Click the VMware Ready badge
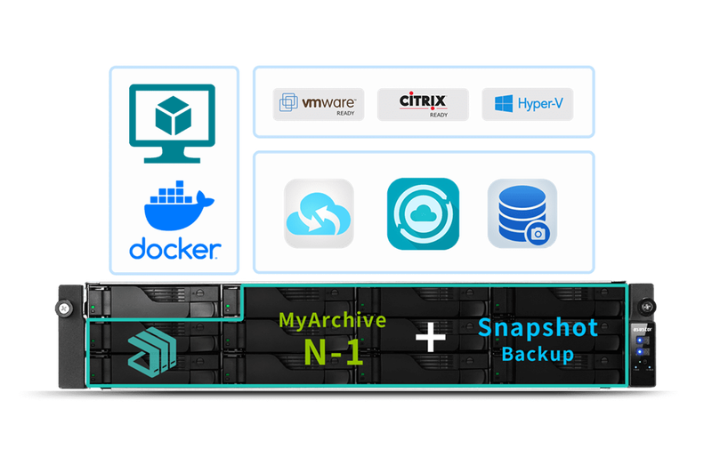pos(319,104)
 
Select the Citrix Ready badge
pos(423,104)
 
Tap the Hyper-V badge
pos(527,104)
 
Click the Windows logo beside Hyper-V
pos(504,103)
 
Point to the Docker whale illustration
pos(178,205)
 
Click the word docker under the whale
pos(174,249)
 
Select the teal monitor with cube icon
pos(172,124)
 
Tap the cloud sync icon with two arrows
pos(319,213)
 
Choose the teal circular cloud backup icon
pos(423,213)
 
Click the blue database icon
pos(522,213)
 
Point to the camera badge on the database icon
pos(538,234)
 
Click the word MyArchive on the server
pos(332,321)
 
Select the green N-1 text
pos(333,352)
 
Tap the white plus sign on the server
pos(431,337)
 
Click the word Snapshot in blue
pos(538,328)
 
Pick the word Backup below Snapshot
pos(538,355)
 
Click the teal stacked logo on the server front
pos(152,352)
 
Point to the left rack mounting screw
pos(64,309)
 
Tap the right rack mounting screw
pos(647,307)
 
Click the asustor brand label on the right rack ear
pos(642,329)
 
